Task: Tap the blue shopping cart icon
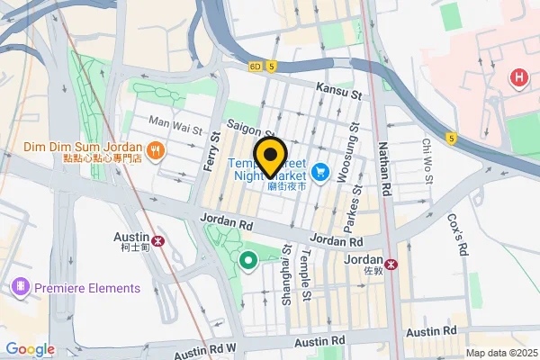(319, 170)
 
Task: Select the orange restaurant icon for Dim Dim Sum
(156, 150)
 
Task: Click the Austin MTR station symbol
(158, 241)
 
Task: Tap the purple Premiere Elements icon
(19, 288)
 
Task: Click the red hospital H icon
(517, 79)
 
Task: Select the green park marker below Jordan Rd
(247, 262)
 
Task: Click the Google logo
(30, 349)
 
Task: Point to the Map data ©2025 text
(500, 353)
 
